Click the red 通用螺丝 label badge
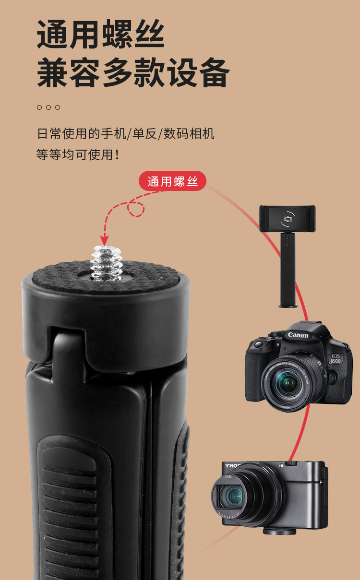172,181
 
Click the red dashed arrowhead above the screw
104,239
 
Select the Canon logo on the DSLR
298,335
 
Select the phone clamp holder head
287,218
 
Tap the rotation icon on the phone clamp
287,218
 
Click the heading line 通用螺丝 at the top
101,35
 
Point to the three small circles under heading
48,107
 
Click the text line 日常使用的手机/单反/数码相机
125,133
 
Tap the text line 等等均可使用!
78,154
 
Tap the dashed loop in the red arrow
136,208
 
